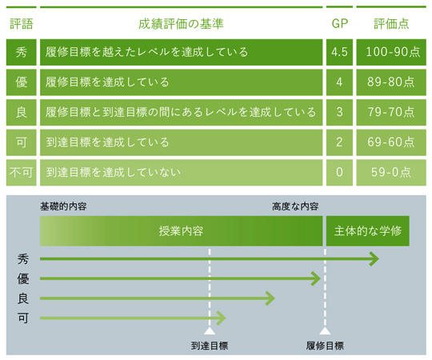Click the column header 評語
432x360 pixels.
point(22,24)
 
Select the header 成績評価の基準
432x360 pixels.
point(181,24)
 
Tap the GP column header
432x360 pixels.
point(339,24)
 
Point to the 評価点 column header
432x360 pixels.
point(391,24)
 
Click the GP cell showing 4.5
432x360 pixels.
point(339,52)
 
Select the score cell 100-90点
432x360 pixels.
point(391,52)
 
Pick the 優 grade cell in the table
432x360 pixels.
point(22,82)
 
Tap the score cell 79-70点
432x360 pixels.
point(391,112)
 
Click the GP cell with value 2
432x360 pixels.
point(339,142)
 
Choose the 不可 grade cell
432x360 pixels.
point(22,173)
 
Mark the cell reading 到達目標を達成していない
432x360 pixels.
point(182,173)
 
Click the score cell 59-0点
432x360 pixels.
point(391,173)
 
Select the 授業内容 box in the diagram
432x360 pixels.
point(182,231)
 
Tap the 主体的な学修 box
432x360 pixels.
point(368,231)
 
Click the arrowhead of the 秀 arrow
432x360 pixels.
point(375,258)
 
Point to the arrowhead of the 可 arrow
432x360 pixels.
point(222,318)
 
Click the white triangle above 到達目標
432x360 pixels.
point(210,330)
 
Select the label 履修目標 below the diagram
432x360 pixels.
point(325,346)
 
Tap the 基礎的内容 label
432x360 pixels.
point(63,206)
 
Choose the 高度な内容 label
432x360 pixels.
point(295,206)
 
